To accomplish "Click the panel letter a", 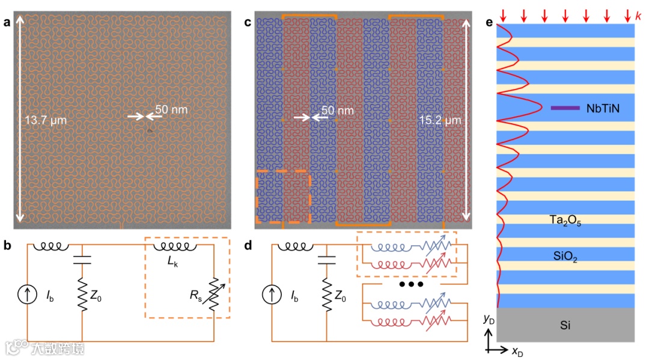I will (x=7, y=23).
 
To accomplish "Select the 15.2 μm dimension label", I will (x=439, y=120).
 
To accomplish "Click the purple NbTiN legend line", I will (x=564, y=108).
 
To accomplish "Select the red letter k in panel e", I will (x=638, y=14).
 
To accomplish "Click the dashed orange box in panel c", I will (x=282, y=197).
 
